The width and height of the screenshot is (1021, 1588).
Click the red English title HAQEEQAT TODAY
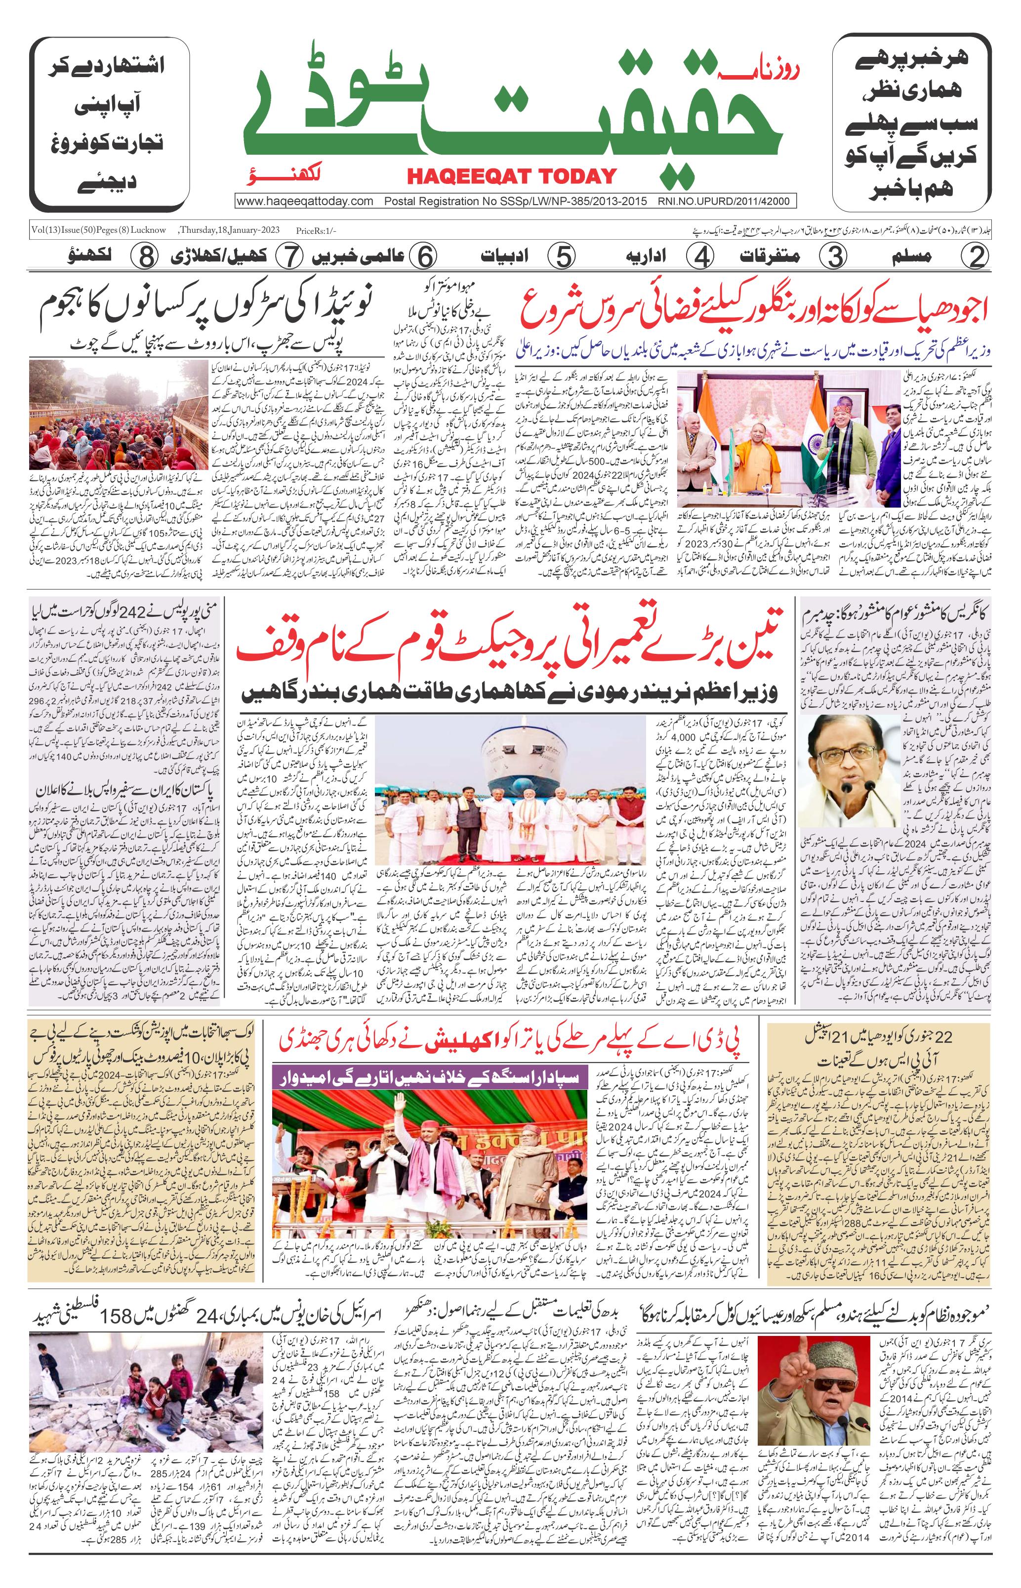coord(511,176)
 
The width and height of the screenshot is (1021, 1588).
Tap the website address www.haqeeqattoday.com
coord(305,201)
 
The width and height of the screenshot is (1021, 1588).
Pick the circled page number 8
coord(143,256)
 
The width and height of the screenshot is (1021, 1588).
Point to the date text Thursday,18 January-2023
coord(229,230)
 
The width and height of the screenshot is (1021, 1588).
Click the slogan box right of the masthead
coord(912,124)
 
